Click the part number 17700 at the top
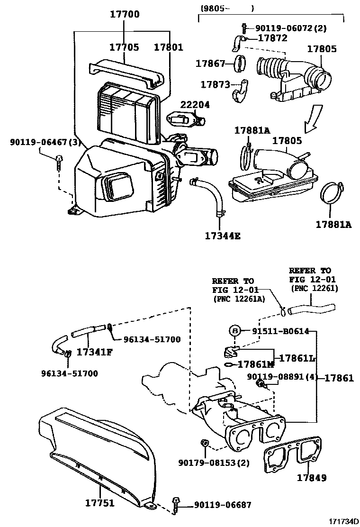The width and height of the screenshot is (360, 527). point(125,14)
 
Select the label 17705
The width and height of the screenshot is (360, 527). point(124,47)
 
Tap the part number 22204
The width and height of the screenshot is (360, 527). point(194,105)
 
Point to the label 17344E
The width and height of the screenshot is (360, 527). point(223,235)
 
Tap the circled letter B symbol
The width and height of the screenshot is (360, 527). point(235,331)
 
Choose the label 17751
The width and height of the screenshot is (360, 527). point(99,503)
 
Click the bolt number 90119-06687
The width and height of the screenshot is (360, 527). point(223,505)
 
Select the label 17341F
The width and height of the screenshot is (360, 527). point(94,352)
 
